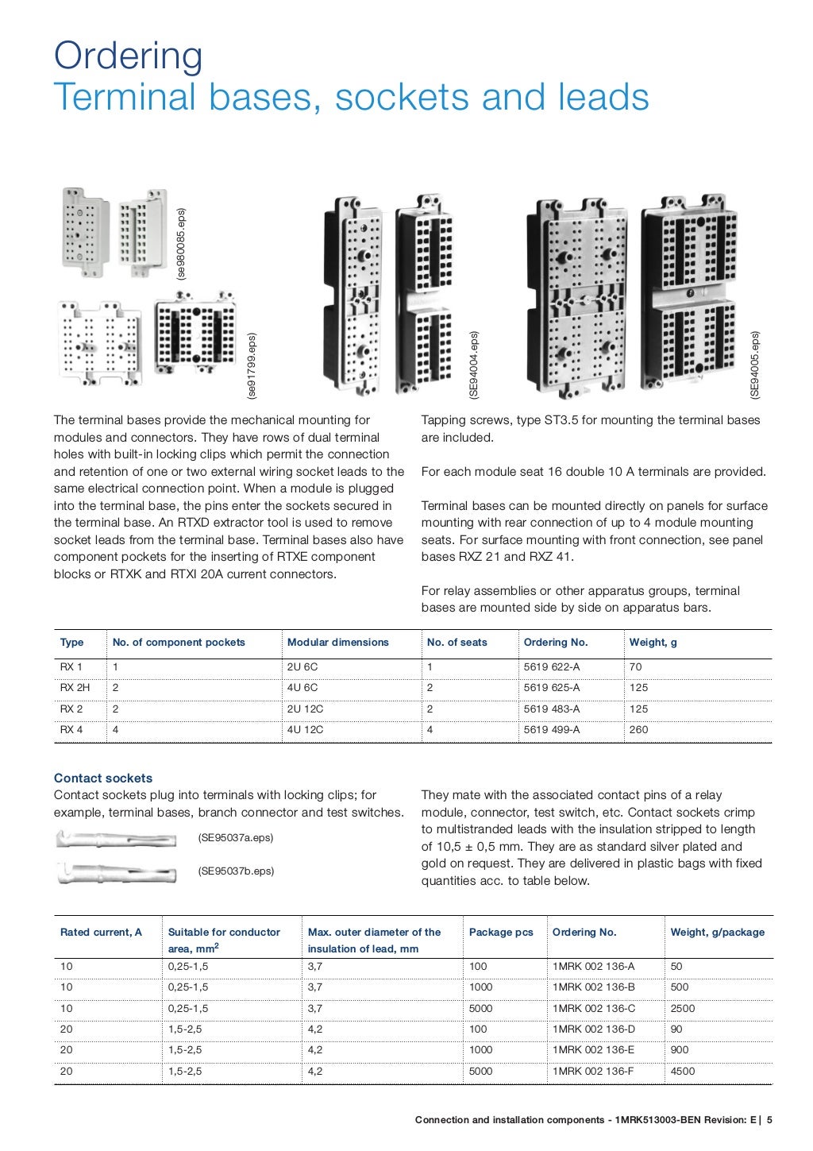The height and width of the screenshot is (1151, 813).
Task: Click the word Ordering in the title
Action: point(128,56)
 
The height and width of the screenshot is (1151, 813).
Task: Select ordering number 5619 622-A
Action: point(552,667)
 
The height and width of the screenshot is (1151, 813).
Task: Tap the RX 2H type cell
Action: point(75,688)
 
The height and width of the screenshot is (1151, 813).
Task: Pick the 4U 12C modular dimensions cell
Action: point(305,729)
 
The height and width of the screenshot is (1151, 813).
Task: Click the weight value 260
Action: point(638,729)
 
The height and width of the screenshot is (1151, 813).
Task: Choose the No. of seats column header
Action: point(457,643)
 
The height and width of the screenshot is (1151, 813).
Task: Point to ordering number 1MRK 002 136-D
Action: point(594,1029)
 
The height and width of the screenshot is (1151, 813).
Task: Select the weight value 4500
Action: point(683,1071)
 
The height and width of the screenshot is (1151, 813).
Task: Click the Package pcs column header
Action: point(501,933)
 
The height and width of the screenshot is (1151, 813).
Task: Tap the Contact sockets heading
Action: point(103,778)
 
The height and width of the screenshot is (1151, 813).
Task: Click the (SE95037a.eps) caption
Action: point(236,838)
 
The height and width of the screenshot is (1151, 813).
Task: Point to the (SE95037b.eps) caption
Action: point(236,871)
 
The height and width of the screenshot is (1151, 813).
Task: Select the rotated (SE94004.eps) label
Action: point(474,365)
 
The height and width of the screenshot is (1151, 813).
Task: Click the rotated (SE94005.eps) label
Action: point(755,365)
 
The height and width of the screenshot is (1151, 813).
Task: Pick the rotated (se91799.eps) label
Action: point(252,365)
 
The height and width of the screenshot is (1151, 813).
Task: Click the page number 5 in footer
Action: point(769,1120)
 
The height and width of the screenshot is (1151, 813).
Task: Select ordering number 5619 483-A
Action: point(552,709)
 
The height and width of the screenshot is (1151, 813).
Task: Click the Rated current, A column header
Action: point(101,933)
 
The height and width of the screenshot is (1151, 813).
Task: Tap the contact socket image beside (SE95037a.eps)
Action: point(117,838)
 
